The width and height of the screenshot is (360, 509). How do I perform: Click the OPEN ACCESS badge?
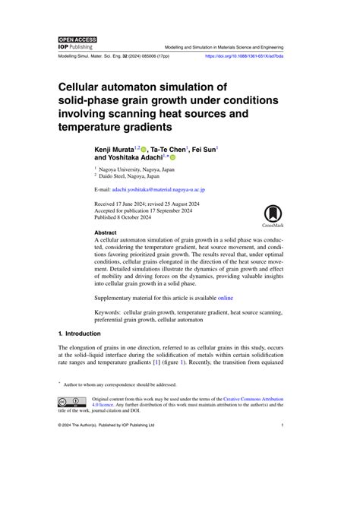click(75, 38)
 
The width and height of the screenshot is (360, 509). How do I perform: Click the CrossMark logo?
click(272, 215)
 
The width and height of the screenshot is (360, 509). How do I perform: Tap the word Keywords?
click(111, 312)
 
